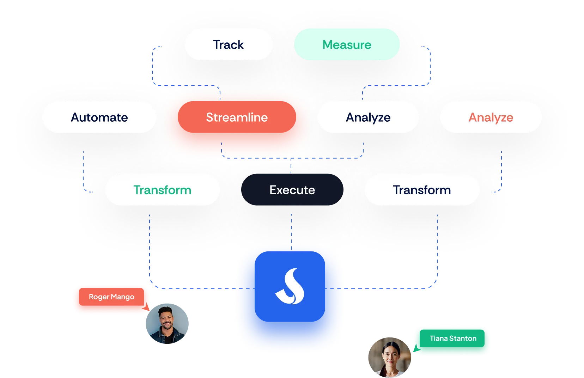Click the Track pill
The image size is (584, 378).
pos(229,45)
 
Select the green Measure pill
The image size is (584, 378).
pos(347,45)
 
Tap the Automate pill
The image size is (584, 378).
pos(99,117)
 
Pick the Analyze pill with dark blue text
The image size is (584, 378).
pos(368,117)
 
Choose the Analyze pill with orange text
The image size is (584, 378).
pos(491,117)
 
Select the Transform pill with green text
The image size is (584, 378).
pos(162,190)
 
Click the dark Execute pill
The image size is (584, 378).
pos(292,190)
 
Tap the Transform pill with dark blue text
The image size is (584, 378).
pos(422,190)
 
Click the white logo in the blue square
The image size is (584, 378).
pos(290,287)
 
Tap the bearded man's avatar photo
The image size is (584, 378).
pos(166,323)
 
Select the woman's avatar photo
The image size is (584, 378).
pos(389,356)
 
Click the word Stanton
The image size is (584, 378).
pos(463,339)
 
